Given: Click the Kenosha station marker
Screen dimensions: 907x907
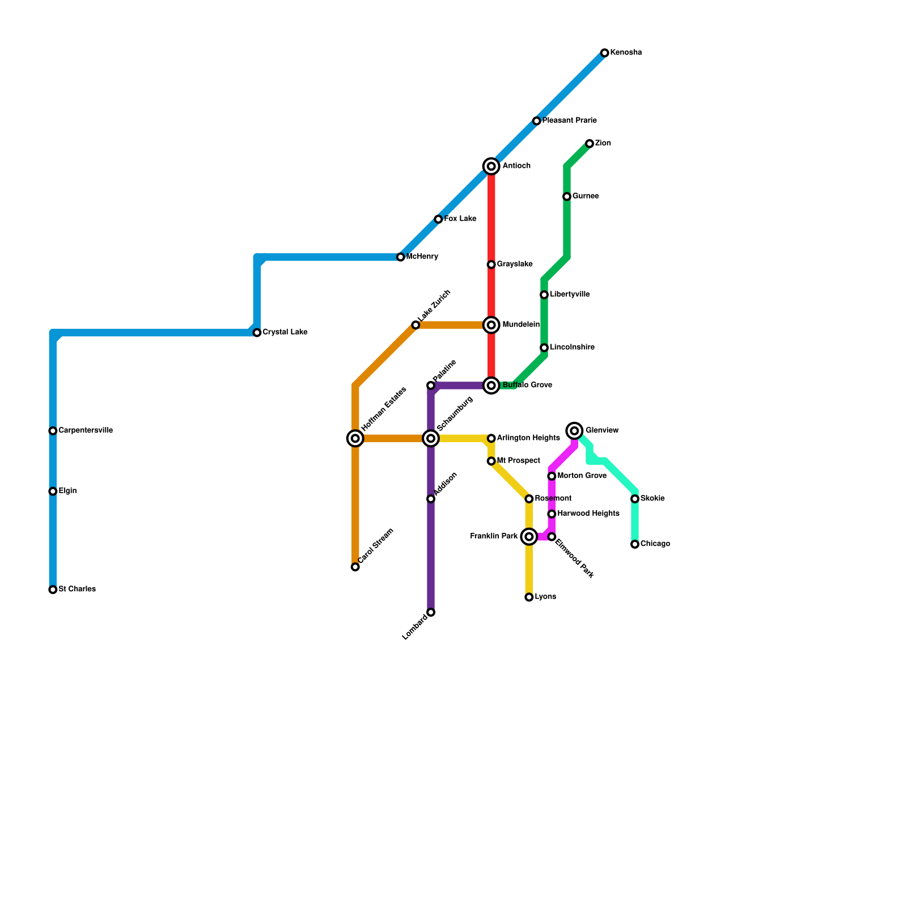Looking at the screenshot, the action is point(605,53).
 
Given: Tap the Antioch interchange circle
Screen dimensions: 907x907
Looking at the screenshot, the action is point(491,166).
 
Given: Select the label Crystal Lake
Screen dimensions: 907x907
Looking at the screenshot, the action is point(285,332).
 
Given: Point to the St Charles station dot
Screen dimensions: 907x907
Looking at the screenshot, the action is point(53,590).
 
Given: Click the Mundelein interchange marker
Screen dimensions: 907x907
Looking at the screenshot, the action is point(491,325).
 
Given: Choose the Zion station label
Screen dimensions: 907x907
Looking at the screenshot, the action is point(603,143).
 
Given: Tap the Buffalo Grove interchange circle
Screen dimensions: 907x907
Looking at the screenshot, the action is point(491,385).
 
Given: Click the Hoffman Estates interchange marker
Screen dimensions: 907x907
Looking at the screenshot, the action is point(355,438).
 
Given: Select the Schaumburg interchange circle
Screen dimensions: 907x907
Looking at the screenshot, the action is point(431,438).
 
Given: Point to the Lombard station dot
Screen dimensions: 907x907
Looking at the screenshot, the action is point(431,612).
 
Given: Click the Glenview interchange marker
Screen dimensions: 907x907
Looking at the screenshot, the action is point(575,431).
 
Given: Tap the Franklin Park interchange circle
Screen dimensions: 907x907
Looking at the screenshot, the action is point(529,536).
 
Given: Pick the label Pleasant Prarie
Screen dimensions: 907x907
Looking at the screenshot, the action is point(569,121).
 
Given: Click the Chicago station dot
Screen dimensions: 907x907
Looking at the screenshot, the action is point(635,544).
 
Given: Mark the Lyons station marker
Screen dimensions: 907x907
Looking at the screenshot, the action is point(529,597).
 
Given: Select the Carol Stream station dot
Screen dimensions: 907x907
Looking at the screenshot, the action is point(355,567).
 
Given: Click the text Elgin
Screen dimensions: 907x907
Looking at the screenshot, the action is point(67,491).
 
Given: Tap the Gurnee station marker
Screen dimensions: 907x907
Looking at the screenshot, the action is point(567,197).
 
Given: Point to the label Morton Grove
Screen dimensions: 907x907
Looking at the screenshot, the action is point(582,476).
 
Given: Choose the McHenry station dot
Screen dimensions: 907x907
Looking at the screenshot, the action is point(401,257).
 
